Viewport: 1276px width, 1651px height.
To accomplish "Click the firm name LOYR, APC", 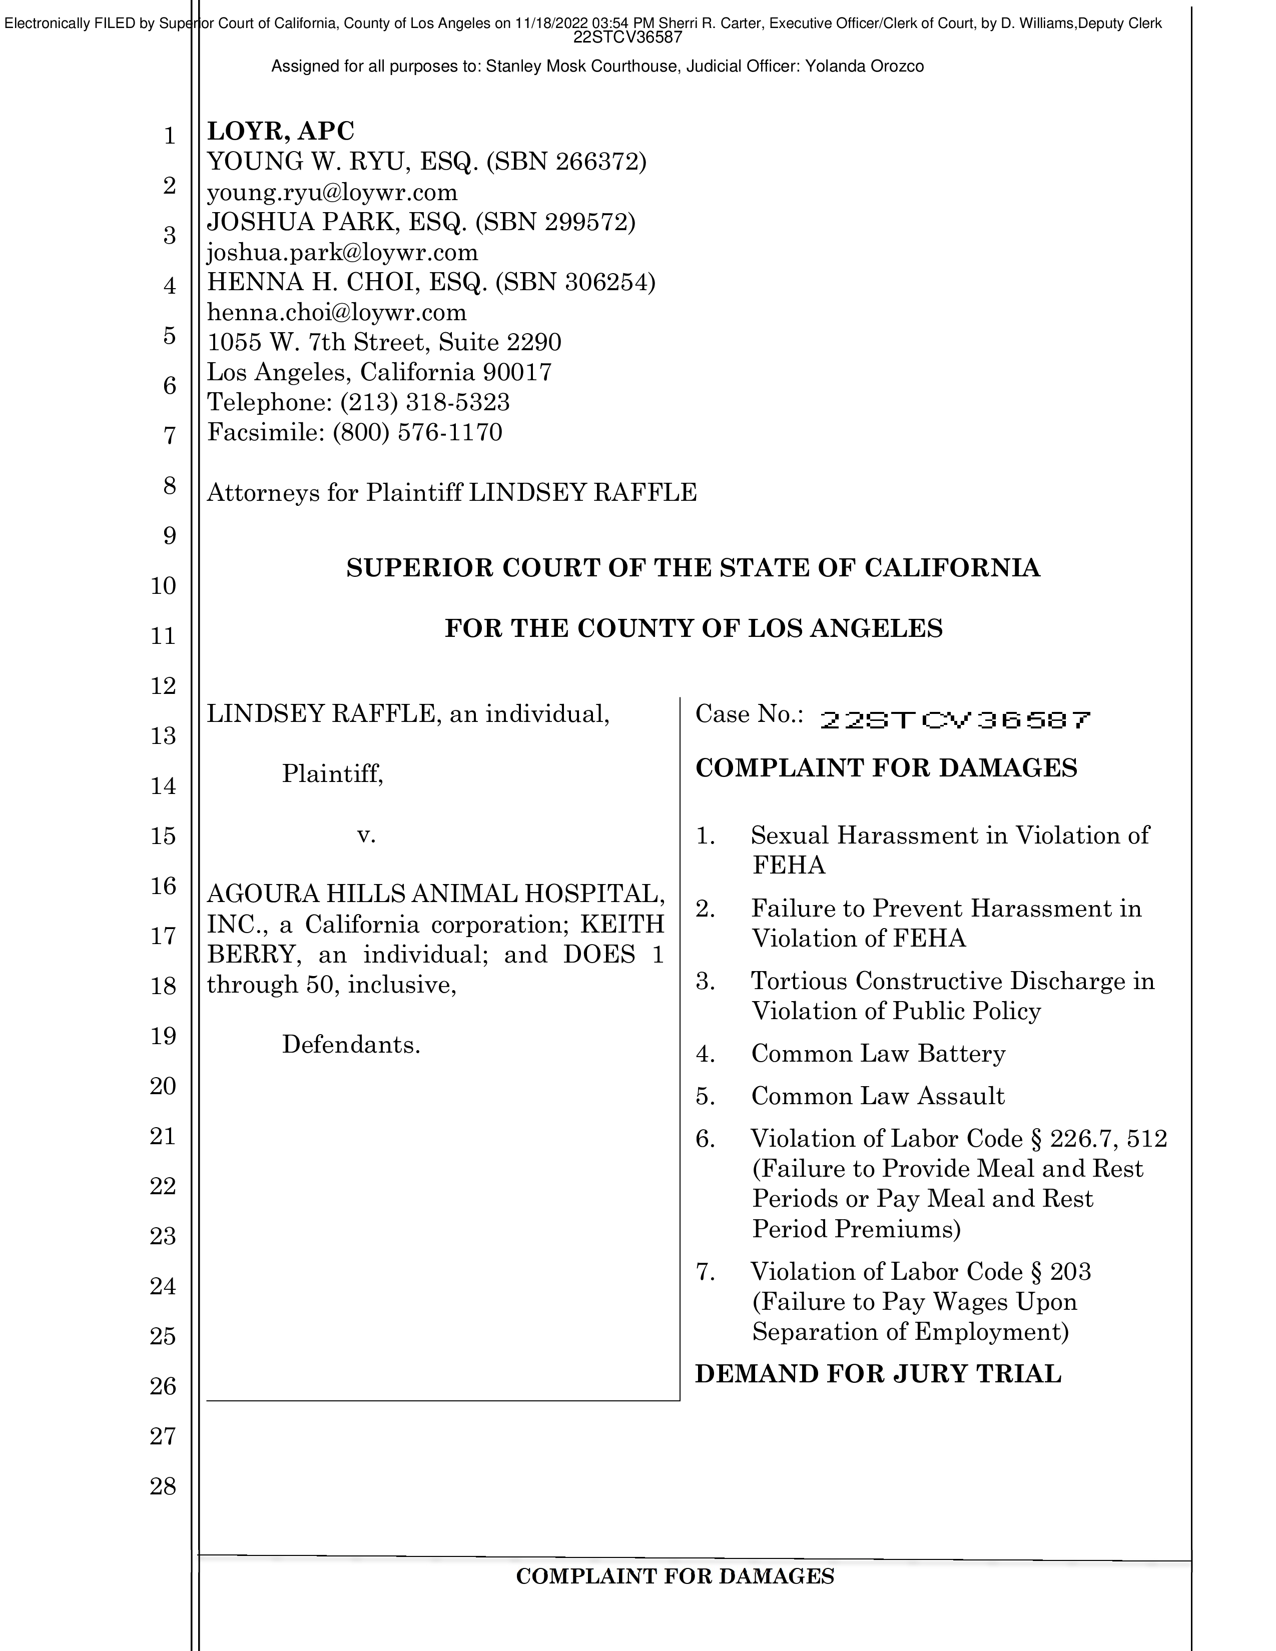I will coord(280,132).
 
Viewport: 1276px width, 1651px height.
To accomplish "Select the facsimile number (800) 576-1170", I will coord(417,432).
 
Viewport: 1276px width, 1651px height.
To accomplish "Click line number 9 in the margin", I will coord(169,535).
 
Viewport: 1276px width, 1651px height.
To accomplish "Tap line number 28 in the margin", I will coord(163,1486).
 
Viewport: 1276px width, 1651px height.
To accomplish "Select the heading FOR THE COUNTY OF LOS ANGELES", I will coord(693,628).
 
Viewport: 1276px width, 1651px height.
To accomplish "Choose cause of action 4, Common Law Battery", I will coord(878,1053).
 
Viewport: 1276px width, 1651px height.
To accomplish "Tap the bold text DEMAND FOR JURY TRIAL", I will coord(878,1373).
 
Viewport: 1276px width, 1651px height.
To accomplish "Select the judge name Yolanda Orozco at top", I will coord(864,67).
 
